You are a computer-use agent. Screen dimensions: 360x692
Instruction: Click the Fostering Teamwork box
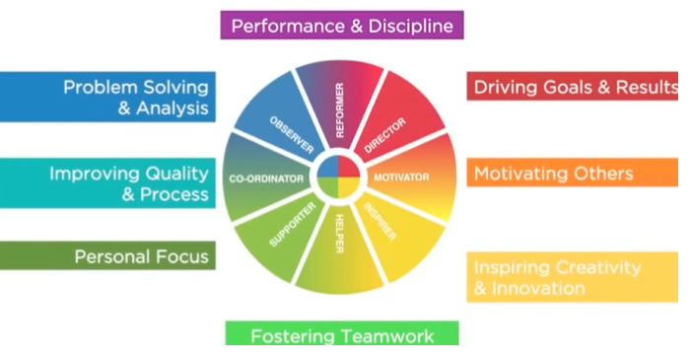tap(342, 335)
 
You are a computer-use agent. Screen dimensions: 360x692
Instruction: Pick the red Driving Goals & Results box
tap(572, 87)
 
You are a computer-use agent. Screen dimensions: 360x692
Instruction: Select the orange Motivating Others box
tap(572, 174)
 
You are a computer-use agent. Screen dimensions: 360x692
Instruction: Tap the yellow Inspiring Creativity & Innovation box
tap(572, 277)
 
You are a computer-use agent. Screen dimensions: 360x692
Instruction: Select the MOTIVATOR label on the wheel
tap(400, 178)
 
